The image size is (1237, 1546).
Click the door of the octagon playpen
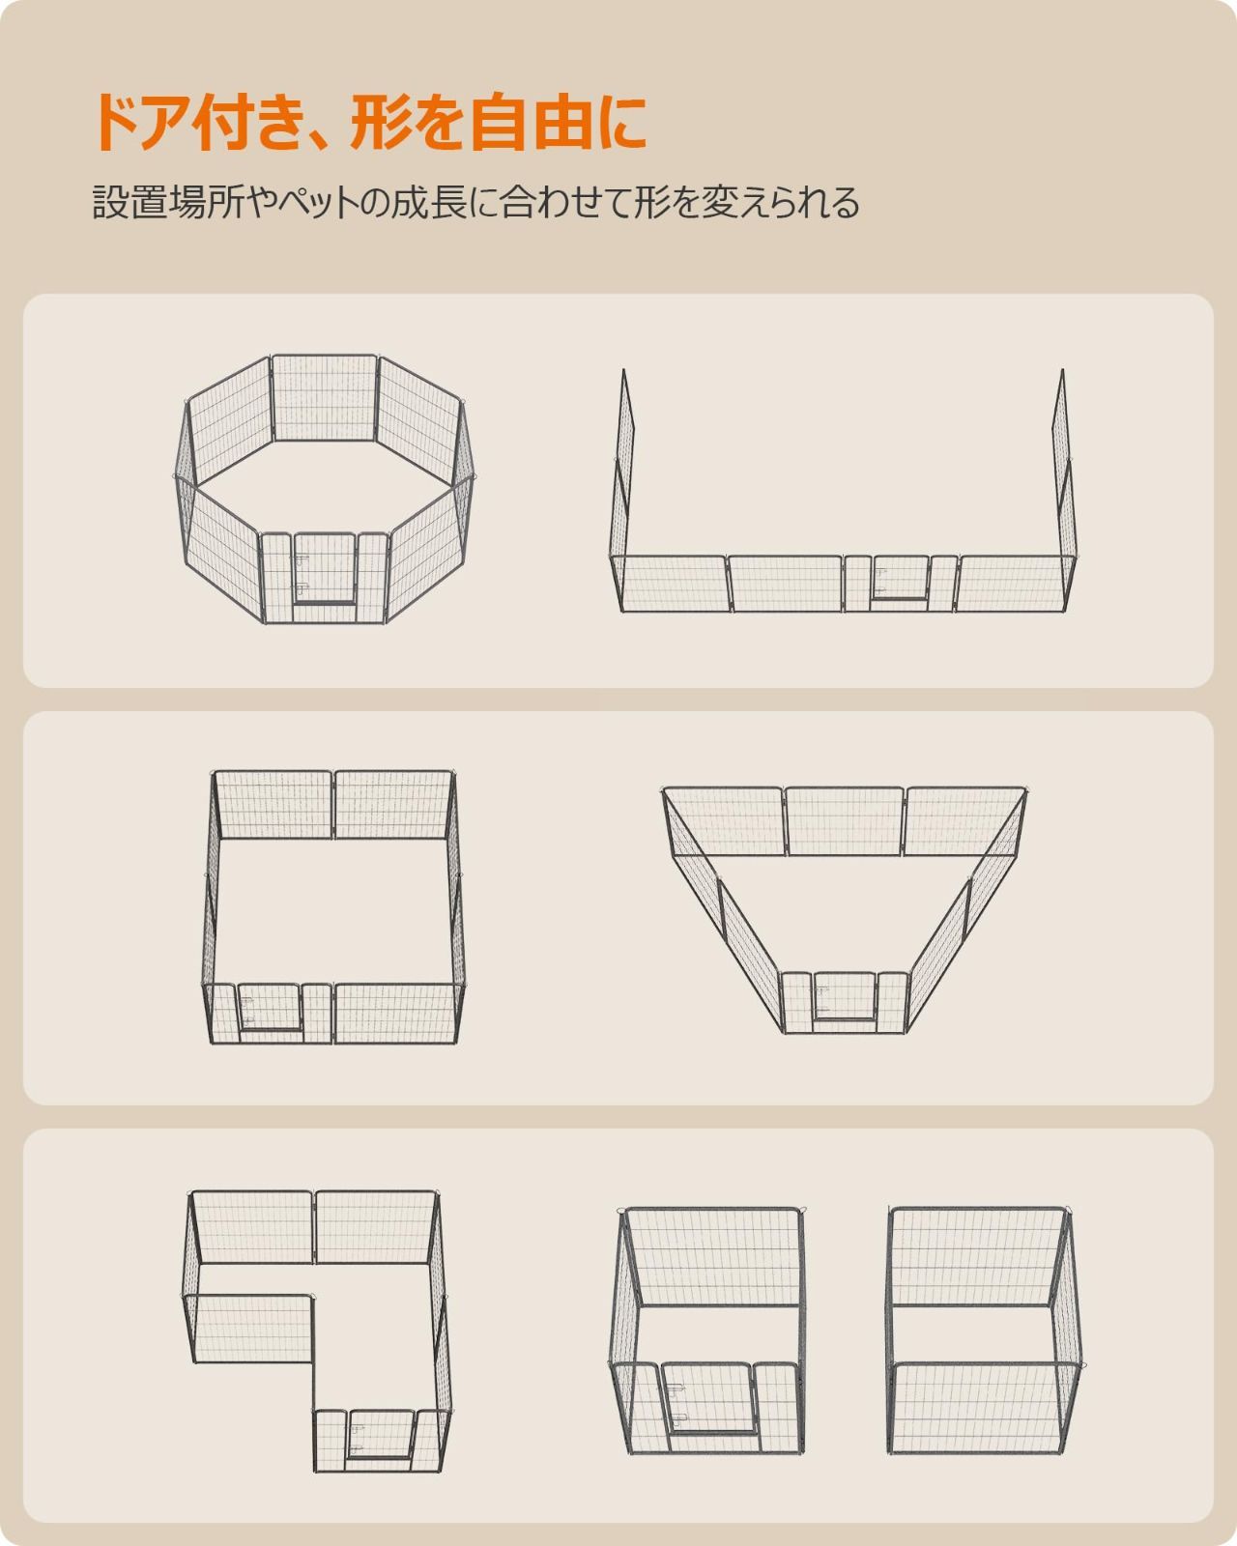(x=324, y=568)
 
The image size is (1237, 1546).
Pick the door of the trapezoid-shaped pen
(x=845, y=995)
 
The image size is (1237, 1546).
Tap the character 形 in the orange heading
(x=379, y=122)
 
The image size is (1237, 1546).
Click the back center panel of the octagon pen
(x=324, y=397)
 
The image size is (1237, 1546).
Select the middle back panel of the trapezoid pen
(x=845, y=821)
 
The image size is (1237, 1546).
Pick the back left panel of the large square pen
(x=273, y=805)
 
